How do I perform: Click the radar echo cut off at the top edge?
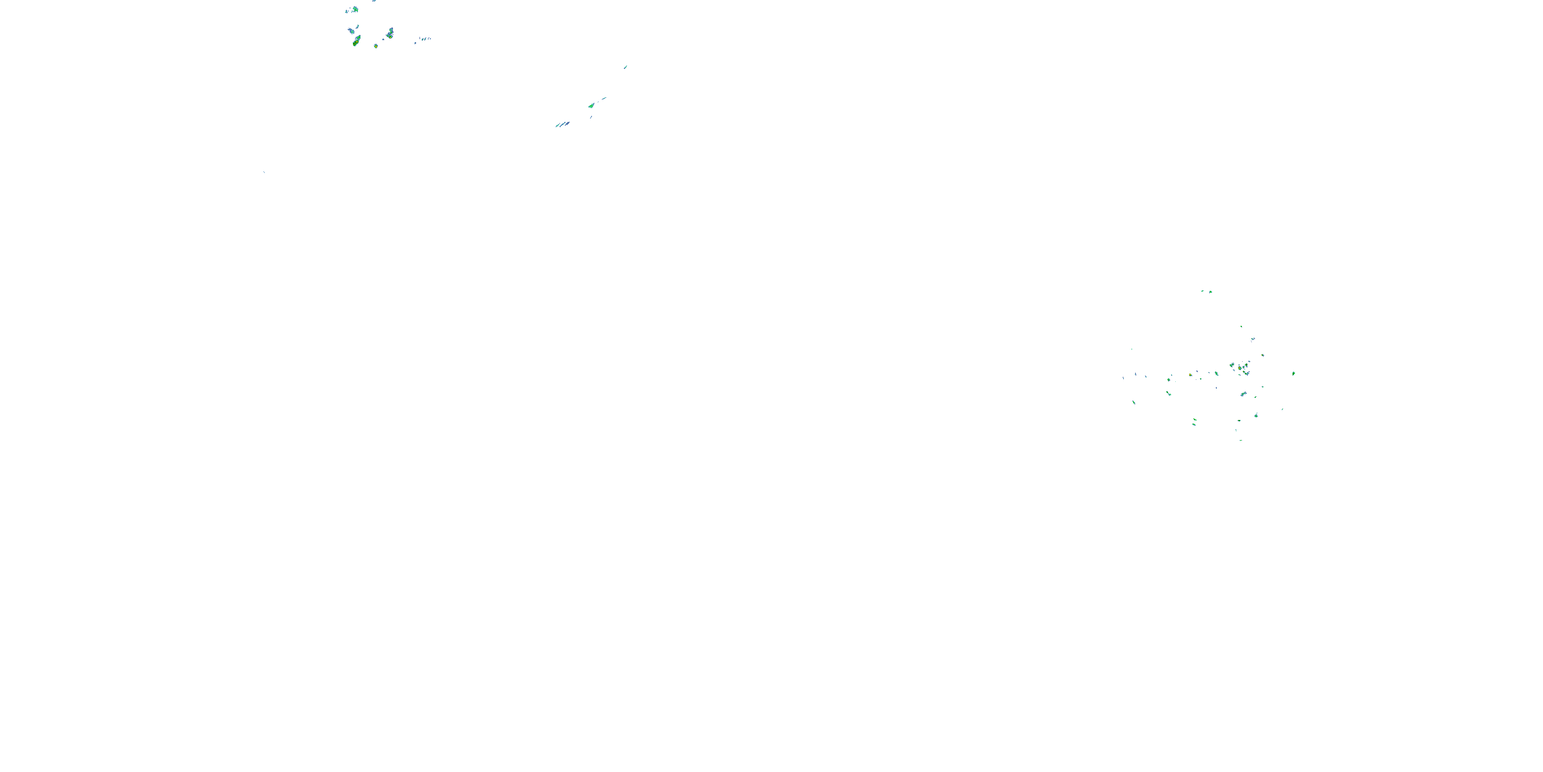click(374, 1)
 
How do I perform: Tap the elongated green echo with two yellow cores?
click(356, 41)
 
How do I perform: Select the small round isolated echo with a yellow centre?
click(375, 46)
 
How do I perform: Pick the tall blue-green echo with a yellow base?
click(390, 32)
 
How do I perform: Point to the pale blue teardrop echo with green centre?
click(351, 30)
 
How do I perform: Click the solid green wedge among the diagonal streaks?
click(591, 106)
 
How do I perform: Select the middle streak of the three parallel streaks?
click(562, 125)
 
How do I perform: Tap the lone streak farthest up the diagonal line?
click(625, 66)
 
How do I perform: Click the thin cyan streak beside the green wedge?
click(604, 98)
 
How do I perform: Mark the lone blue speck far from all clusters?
click(264, 172)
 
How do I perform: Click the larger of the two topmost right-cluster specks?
click(1210, 292)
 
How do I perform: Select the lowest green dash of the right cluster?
click(1241, 440)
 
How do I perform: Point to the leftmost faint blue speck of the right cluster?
click(1124, 378)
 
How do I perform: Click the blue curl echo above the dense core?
click(1252, 339)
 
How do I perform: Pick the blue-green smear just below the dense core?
click(1244, 394)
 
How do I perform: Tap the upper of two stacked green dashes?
click(1194, 419)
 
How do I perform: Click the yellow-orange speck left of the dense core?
click(1190, 375)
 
